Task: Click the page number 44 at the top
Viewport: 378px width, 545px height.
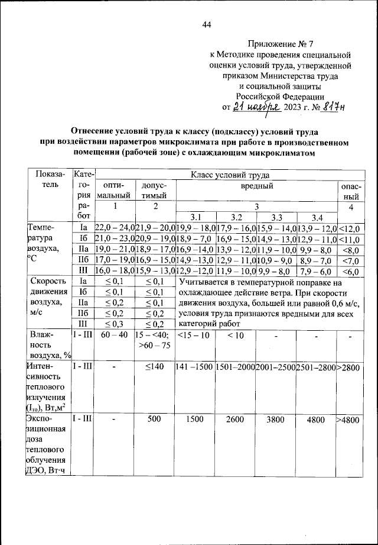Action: point(207,24)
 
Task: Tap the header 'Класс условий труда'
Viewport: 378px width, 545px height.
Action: point(229,175)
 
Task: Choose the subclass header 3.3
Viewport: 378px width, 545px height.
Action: point(276,217)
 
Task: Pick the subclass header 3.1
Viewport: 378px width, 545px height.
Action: point(196,217)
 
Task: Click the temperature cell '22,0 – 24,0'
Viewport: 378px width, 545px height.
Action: point(115,228)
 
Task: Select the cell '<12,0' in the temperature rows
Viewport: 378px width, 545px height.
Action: point(350,228)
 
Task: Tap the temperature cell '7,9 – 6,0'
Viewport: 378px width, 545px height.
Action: point(315,271)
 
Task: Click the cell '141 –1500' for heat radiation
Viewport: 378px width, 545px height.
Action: point(195,367)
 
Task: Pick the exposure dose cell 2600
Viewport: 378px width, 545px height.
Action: point(236,420)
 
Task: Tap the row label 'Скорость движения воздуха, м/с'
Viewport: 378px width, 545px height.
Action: point(45,298)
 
